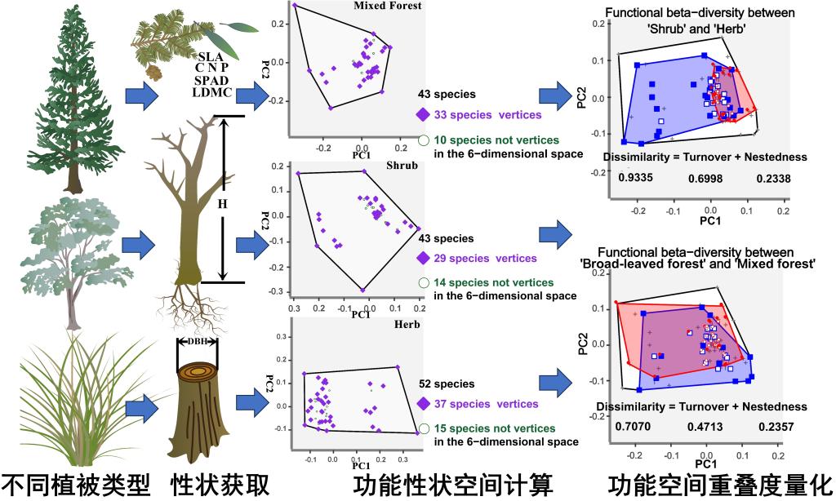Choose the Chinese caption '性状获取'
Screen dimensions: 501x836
(219, 484)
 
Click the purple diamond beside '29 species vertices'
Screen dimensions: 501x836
(423, 258)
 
